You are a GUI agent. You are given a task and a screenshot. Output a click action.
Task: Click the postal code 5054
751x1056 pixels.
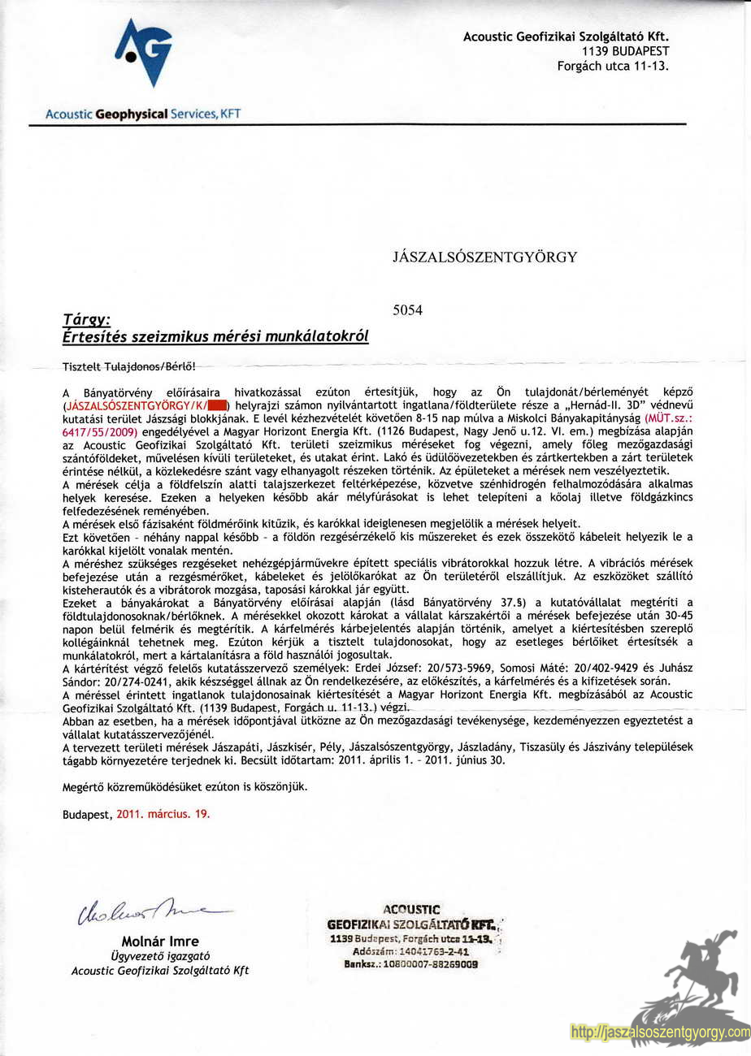click(x=407, y=309)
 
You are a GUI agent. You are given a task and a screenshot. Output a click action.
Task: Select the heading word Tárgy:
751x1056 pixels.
click(x=86, y=321)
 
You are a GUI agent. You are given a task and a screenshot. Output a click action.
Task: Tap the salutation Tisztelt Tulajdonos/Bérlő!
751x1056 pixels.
click(x=129, y=367)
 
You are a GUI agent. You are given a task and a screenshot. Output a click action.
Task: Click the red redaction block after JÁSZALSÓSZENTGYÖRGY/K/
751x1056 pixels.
click(x=216, y=405)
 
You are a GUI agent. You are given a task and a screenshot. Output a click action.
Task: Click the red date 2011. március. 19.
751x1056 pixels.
click(x=163, y=813)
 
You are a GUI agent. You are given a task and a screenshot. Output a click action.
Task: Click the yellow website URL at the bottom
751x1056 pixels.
click(x=660, y=1032)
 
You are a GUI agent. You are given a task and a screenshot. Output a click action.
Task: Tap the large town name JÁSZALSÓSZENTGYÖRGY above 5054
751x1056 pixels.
click(x=484, y=258)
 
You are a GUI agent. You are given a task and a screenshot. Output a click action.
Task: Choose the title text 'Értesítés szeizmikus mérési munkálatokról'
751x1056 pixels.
click(x=215, y=336)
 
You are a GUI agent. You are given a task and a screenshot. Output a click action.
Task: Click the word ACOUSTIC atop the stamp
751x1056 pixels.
click(x=411, y=910)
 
